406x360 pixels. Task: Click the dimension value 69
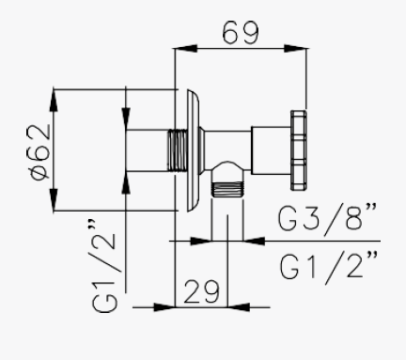tap(241, 32)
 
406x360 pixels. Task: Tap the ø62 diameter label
tap(40, 152)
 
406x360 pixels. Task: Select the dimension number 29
tap(201, 292)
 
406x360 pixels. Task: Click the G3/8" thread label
tap(328, 217)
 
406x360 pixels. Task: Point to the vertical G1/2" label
tap(104, 265)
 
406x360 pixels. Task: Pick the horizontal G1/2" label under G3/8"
tap(329, 266)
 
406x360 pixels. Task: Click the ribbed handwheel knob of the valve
tap(298, 150)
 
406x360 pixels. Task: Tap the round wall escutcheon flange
tap(193, 150)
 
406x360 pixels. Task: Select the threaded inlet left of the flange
tap(178, 150)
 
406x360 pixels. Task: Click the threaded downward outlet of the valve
tap(227, 189)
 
